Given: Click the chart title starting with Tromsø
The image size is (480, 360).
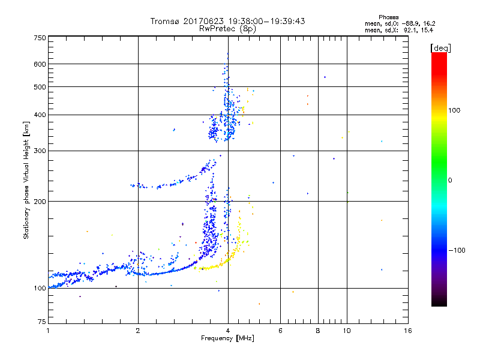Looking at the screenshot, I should [x=227, y=21].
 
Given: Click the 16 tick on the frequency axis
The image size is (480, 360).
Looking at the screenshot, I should [x=407, y=331].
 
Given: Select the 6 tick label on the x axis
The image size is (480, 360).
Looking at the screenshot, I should [x=280, y=331].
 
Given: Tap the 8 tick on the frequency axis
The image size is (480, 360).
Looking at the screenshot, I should [x=318, y=331].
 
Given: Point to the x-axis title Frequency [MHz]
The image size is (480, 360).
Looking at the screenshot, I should [x=227, y=339].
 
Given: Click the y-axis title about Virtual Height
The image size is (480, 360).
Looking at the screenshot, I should [x=26, y=180].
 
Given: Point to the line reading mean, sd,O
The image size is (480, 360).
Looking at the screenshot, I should [x=399, y=23].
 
